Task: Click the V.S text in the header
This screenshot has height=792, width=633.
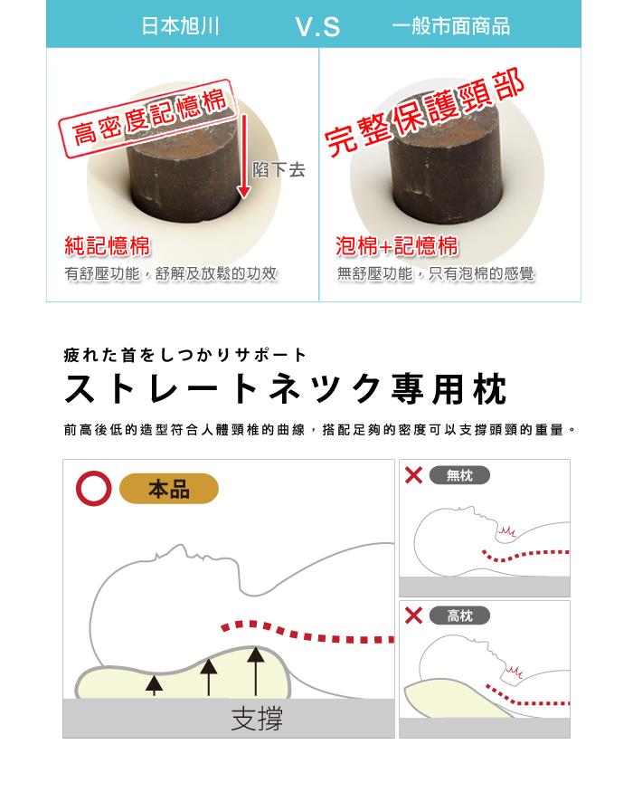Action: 317,27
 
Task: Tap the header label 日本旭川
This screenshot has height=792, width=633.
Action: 180,26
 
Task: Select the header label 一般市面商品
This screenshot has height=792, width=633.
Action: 450,26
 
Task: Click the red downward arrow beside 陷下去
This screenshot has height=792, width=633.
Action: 244,156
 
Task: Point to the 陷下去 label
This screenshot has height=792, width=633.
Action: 279,170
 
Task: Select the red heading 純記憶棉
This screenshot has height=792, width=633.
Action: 108,246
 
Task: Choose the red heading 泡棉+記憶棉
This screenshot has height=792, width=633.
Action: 397,246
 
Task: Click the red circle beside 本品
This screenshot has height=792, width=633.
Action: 93,489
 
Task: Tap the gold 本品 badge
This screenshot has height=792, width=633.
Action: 168,489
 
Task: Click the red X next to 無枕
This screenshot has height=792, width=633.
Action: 413,475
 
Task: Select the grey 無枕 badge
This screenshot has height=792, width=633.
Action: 459,475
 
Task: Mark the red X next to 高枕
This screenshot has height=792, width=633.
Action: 413,615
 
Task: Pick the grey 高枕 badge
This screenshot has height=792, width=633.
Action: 459,615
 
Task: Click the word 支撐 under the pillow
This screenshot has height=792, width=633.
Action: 257,719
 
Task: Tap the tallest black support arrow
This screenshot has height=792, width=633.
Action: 256,671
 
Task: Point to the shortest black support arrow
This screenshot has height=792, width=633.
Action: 154,686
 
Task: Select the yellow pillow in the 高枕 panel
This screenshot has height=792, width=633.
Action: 454,700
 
